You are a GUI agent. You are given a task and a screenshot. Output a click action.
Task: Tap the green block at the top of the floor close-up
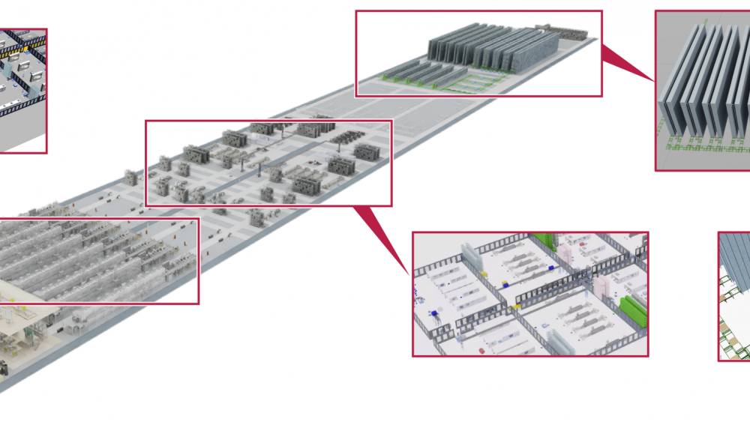click(x=545, y=238)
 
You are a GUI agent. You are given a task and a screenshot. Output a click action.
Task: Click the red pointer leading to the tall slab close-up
click(x=626, y=62)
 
